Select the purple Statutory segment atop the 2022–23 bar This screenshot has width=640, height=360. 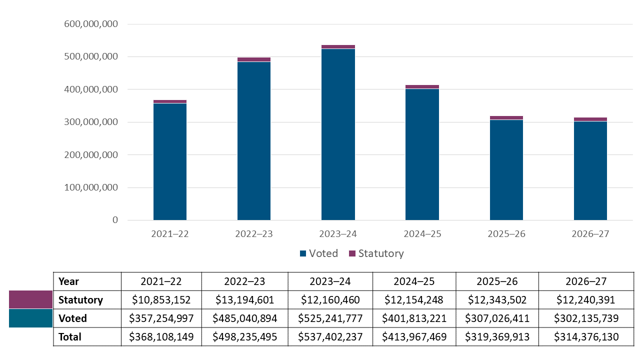pos(254,59)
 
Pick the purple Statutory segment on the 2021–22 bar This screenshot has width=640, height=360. pos(170,101)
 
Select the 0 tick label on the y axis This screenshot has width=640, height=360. pos(115,220)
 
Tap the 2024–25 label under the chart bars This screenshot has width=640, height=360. pos(422,234)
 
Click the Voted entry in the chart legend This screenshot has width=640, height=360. pos(318,253)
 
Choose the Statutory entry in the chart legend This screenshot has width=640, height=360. pos(376,253)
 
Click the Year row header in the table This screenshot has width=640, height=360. pos(69,281)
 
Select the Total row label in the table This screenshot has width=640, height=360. pos(69,337)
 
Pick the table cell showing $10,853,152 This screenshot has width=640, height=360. pos(161,300)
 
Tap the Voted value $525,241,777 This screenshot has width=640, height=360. pos(330,318)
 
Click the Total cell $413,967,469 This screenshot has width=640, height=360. pos(414,337)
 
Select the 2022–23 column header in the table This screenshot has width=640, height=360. pos(245,281)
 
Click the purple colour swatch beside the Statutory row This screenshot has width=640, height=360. pos(30,299)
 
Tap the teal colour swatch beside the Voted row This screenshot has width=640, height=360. pos(30,318)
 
